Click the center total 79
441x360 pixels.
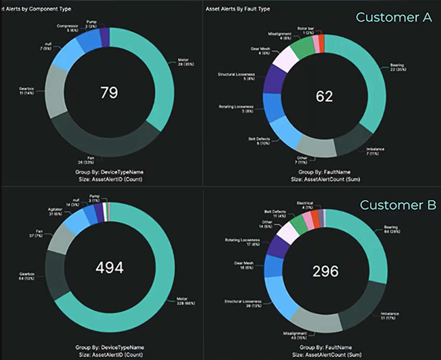109,92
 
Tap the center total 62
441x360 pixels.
324,96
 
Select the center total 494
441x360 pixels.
109,267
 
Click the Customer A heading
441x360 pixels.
393,17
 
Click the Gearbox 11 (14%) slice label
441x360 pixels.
26,91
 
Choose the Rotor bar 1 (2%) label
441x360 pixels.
305,30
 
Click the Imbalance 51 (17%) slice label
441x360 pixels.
390,315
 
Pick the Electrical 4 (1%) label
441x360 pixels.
305,205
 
